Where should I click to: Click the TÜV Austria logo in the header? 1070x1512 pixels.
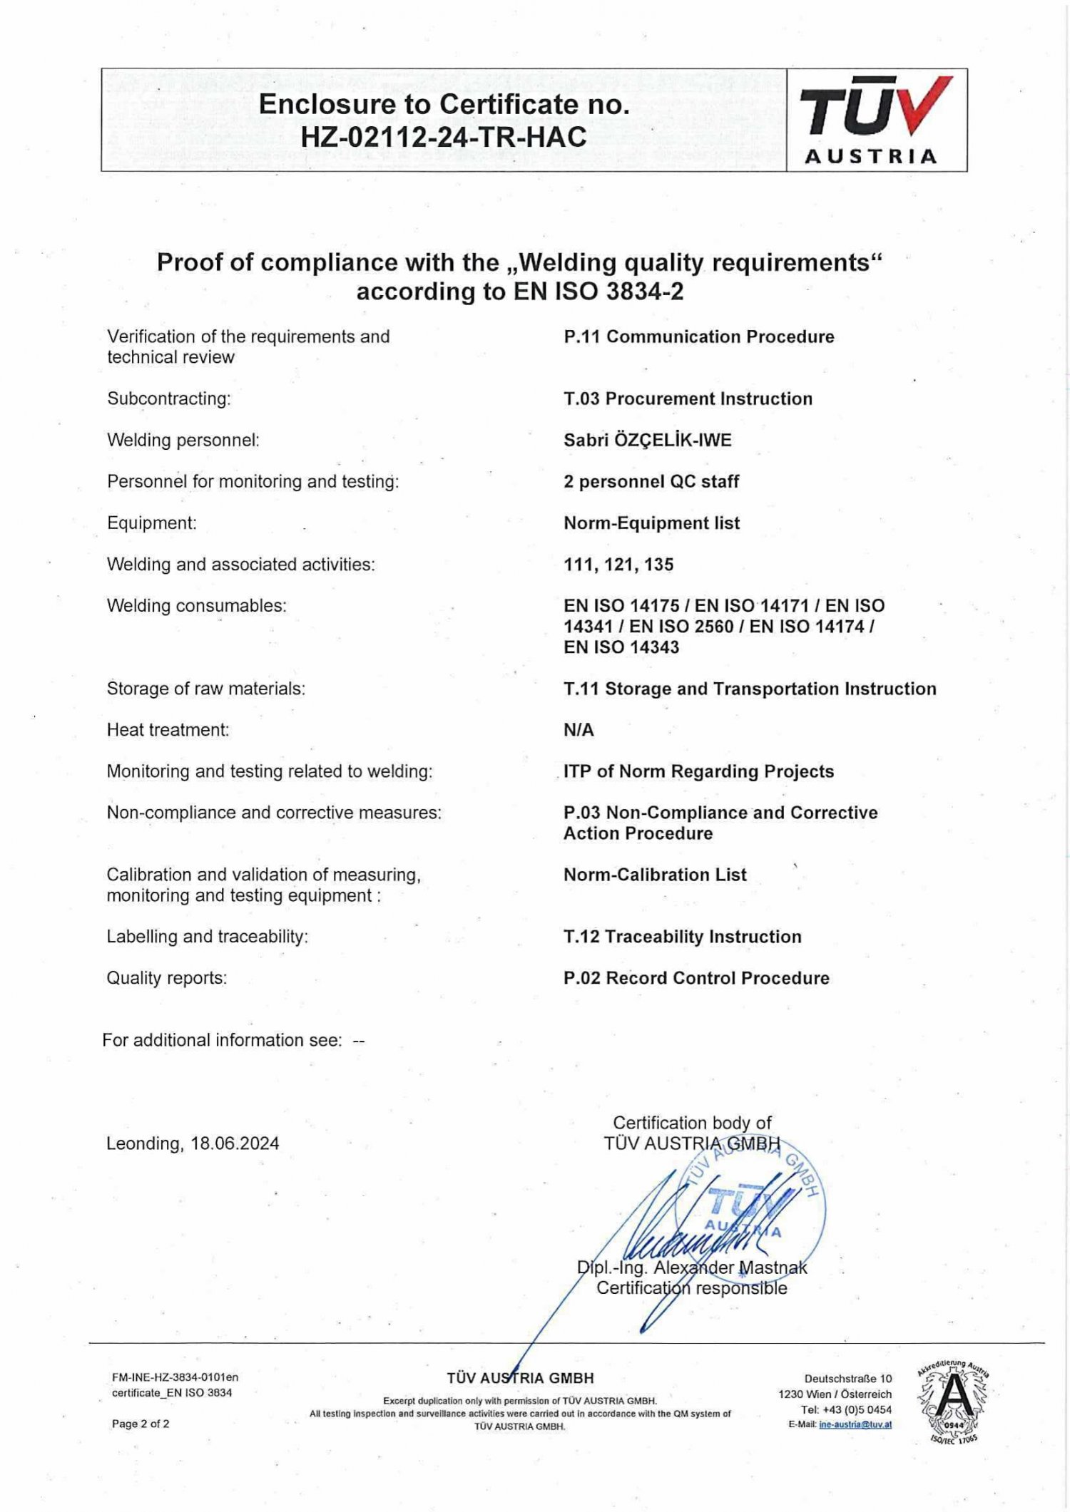tap(876, 120)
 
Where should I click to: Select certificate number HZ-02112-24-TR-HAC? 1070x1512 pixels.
tap(443, 137)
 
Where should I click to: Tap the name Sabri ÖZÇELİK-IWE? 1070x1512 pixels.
tap(647, 441)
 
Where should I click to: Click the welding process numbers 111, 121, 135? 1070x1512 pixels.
tap(618, 565)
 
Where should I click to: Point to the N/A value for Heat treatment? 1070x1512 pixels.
tap(579, 730)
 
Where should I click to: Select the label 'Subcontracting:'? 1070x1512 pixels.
tap(169, 398)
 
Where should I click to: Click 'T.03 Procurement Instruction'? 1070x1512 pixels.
tap(688, 398)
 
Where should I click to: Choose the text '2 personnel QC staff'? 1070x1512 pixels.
tap(651, 482)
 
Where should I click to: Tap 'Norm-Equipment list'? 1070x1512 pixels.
tap(651, 523)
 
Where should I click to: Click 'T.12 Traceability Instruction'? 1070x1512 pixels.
tap(682, 937)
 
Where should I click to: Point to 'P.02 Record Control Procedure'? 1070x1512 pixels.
tap(696, 978)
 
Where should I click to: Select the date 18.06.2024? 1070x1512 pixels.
tap(235, 1143)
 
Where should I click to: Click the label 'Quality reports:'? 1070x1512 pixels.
tap(167, 978)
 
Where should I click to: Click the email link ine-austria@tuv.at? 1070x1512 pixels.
tap(855, 1424)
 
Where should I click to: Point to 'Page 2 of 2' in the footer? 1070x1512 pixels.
tap(141, 1424)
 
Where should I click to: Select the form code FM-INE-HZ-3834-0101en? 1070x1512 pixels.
tap(175, 1377)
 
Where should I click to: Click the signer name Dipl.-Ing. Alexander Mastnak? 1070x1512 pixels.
tap(692, 1267)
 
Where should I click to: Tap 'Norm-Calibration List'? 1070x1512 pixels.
tap(655, 875)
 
